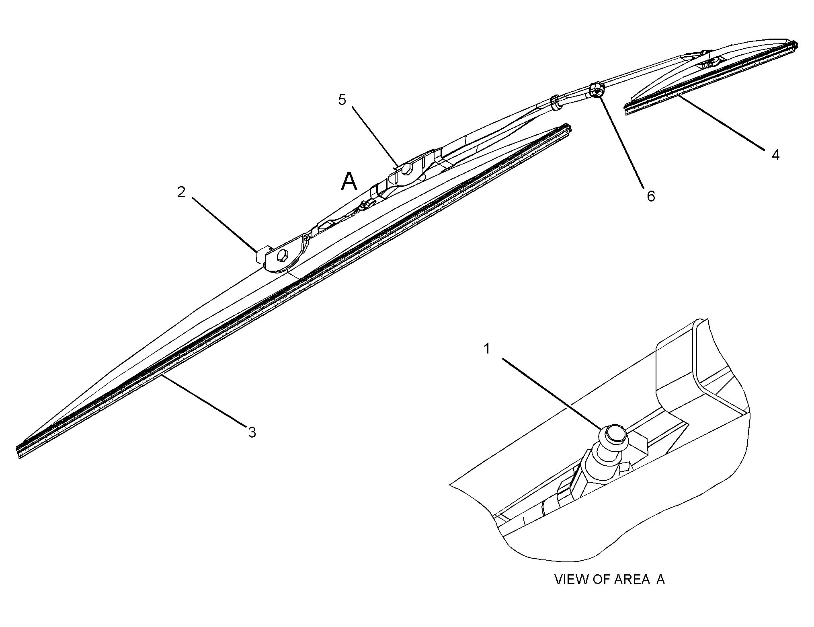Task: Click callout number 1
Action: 487,349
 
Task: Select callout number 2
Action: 181,192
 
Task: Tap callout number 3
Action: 252,432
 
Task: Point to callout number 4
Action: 775,155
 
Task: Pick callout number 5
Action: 342,100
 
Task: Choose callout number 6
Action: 651,196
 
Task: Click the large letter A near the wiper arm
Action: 349,182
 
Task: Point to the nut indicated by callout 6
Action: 597,90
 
